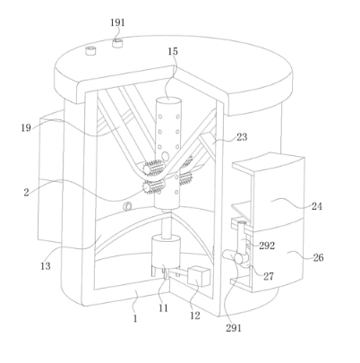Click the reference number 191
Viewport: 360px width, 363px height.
pos(117,22)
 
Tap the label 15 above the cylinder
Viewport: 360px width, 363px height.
pos(173,51)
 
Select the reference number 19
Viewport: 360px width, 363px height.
pos(26,128)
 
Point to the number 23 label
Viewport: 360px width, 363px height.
pos(242,137)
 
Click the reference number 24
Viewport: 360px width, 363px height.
pos(317,206)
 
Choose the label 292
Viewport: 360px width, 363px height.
pos(267,246)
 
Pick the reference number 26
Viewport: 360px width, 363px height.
pos(318,257)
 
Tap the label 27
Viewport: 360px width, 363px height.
pos(268,276)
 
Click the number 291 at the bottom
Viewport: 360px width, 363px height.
pos(233,328)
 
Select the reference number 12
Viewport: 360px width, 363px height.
pos(195,315)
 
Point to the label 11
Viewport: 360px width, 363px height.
pos(163,308)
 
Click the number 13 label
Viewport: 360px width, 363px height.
pos(46,266)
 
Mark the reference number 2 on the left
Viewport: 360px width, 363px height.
pos(26,193)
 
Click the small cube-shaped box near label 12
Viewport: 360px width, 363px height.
pos(198,276)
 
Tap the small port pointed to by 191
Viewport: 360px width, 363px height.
pos(117,43)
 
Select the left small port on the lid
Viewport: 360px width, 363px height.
pos(90,50)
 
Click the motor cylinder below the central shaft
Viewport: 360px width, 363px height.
pos(166,251)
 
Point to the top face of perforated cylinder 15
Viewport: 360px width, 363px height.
pos(168,100)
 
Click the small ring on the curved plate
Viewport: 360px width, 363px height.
pos(128,206)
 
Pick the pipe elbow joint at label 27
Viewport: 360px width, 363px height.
pos(239,257)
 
